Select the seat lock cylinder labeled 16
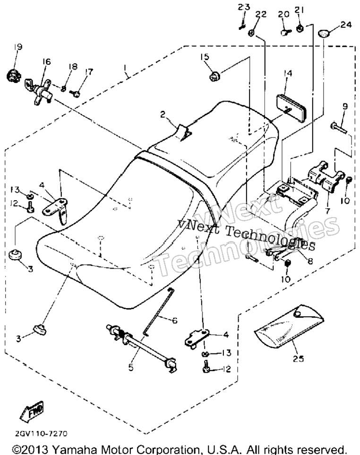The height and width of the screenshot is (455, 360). pos(38,91)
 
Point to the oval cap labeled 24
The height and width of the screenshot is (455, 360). pos(323,34)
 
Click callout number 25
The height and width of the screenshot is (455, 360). pos(298,359)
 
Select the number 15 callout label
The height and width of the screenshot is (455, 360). pos(205,56)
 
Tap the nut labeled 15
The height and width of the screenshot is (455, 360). pos(214,76)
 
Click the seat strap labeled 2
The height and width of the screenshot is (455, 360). pos(184,132)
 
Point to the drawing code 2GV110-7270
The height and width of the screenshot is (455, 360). pos(41,434)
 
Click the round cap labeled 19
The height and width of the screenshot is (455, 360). pos(13,76)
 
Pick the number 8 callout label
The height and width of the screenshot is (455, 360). pos(310,261)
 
